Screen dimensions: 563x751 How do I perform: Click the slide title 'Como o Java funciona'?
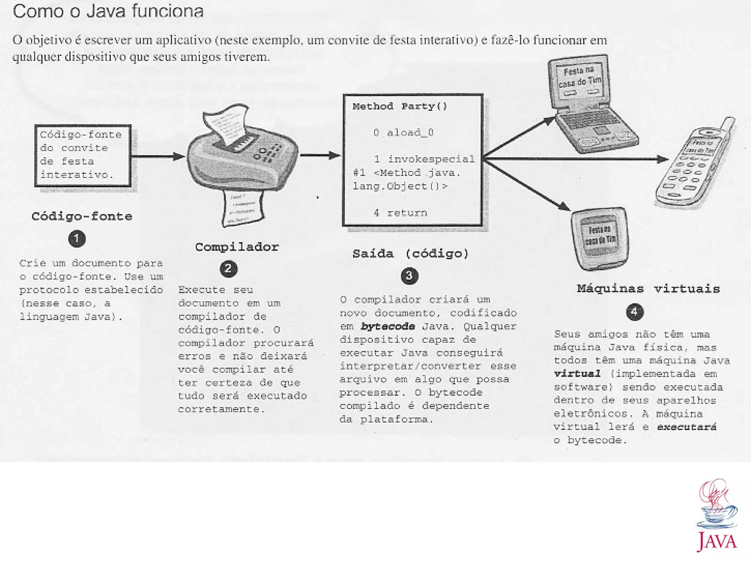coord(108,11)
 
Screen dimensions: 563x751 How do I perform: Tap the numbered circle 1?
coord(77,239)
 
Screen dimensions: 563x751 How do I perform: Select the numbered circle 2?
coord(228,269)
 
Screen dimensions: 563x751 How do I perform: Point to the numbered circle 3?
coord(409,276)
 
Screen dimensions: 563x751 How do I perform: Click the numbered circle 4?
coord(635,312)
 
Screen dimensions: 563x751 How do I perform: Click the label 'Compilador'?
coord(237,247)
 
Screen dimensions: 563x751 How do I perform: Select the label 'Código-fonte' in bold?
coord(82,216)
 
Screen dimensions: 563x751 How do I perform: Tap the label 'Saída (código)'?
coord(410,254)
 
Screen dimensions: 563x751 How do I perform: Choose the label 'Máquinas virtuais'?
coord(648,289)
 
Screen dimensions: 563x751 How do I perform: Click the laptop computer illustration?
coord(590,106)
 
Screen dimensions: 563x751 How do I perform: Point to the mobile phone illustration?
coord(695,165)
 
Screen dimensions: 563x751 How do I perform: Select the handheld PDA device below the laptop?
coord(600,238)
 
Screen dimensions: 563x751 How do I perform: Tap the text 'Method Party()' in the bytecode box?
coord(400,107)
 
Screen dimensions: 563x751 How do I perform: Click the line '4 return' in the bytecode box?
coord(400,213)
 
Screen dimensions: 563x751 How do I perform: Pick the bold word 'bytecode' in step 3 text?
coord(388,326)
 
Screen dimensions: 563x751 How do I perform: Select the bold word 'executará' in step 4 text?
coord(686,427)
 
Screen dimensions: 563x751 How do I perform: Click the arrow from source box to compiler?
coord(158,157)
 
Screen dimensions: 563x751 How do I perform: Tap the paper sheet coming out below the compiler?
coord(243,207)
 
